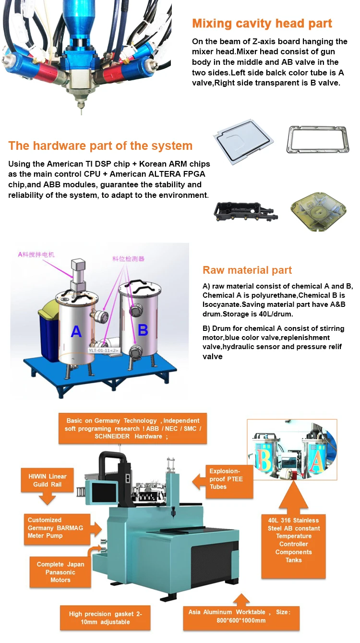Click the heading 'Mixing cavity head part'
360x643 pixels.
click(262, 24)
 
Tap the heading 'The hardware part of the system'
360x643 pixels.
click(100, 146)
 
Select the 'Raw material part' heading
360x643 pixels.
click(247, 270)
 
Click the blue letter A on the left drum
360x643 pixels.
click(76, 331)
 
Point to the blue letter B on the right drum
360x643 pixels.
click(143, 330)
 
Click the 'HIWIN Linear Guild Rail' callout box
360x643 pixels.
click(48, 480)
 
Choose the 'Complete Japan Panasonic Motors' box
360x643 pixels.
click(60, 572)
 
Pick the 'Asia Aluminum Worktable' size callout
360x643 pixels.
click(244, 616)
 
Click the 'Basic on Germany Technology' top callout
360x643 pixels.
click(133, 428)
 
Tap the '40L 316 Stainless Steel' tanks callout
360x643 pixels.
click(293, 540)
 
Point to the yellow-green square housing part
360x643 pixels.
click(318, 212)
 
